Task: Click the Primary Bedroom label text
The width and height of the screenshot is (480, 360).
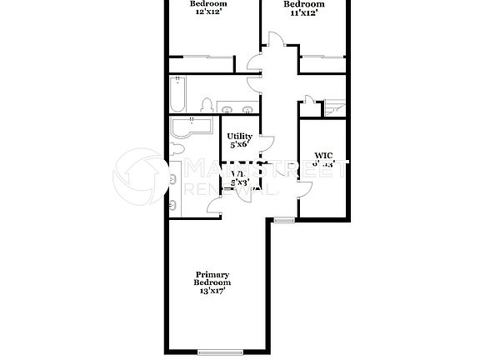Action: tap(212, 278)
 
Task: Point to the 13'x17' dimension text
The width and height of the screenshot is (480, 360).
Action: tap(212, 291)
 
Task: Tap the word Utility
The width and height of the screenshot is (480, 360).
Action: tap(239, 136)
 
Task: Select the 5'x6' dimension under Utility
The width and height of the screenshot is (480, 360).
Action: tap(239, 145)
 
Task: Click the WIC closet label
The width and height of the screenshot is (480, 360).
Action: tap(323, 155)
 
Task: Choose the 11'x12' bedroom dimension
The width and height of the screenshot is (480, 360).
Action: tap(303, 12)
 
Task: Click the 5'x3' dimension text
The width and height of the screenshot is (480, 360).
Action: tap(239, 182)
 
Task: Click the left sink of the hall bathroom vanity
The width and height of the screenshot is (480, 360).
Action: tap(227, 108)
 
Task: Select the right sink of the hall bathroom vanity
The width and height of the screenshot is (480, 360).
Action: tap(247, 108)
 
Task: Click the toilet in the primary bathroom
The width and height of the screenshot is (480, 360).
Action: tap(175, 149)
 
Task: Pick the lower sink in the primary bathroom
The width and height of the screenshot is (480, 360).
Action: tap(172, 203)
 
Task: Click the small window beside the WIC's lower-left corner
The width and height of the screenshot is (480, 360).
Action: tap(284, 220)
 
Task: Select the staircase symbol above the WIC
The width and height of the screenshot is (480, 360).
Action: tap(335, 107)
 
